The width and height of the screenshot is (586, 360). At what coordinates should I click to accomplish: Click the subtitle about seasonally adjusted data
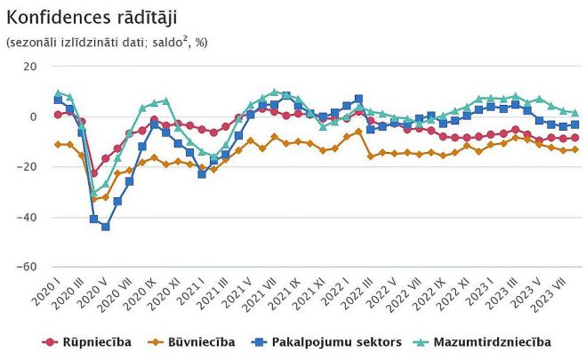106,42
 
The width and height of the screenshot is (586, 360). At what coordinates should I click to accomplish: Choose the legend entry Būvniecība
205,341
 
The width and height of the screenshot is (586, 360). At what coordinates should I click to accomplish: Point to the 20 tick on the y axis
29,67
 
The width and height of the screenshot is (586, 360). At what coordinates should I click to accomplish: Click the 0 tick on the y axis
33,116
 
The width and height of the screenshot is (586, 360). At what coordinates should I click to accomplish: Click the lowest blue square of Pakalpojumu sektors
106,227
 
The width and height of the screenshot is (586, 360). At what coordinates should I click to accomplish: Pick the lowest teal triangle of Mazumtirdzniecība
93,191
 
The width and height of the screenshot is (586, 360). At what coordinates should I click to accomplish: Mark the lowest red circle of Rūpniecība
93,173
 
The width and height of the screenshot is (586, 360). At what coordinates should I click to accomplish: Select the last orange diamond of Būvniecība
575,149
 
